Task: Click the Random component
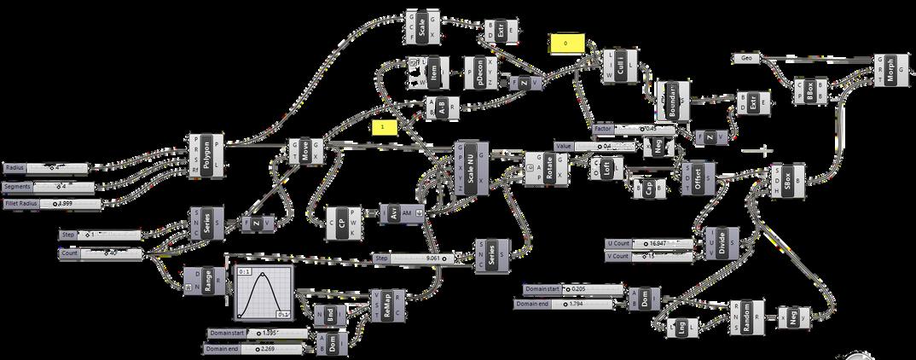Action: [746, 318]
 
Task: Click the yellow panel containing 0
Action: [565, 42]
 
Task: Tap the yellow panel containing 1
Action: [385, 126]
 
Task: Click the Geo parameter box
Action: [747, 58]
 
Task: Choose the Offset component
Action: [698, 177]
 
